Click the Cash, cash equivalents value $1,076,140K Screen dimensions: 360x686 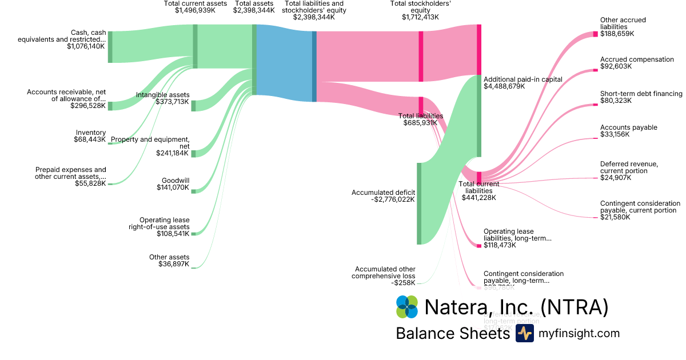(86, 46)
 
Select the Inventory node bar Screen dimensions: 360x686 (110, 143)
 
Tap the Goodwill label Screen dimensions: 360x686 (176, 180)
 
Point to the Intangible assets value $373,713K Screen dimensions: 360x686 (172, 102)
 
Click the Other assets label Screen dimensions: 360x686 (169, 257)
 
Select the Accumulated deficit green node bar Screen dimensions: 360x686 (419, 203)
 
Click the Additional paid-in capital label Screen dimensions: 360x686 (523, 79)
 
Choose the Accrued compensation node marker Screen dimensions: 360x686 (595, 70)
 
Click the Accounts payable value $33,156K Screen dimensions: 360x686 (615, 135)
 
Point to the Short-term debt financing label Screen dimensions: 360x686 (641, 94)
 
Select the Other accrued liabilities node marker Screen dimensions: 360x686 (595, 34)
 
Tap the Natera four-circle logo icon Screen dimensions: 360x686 (407, 307)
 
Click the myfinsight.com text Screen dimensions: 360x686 (578, 333)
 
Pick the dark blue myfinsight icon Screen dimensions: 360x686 (524, 334)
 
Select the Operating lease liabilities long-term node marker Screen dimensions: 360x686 (479, 246)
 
